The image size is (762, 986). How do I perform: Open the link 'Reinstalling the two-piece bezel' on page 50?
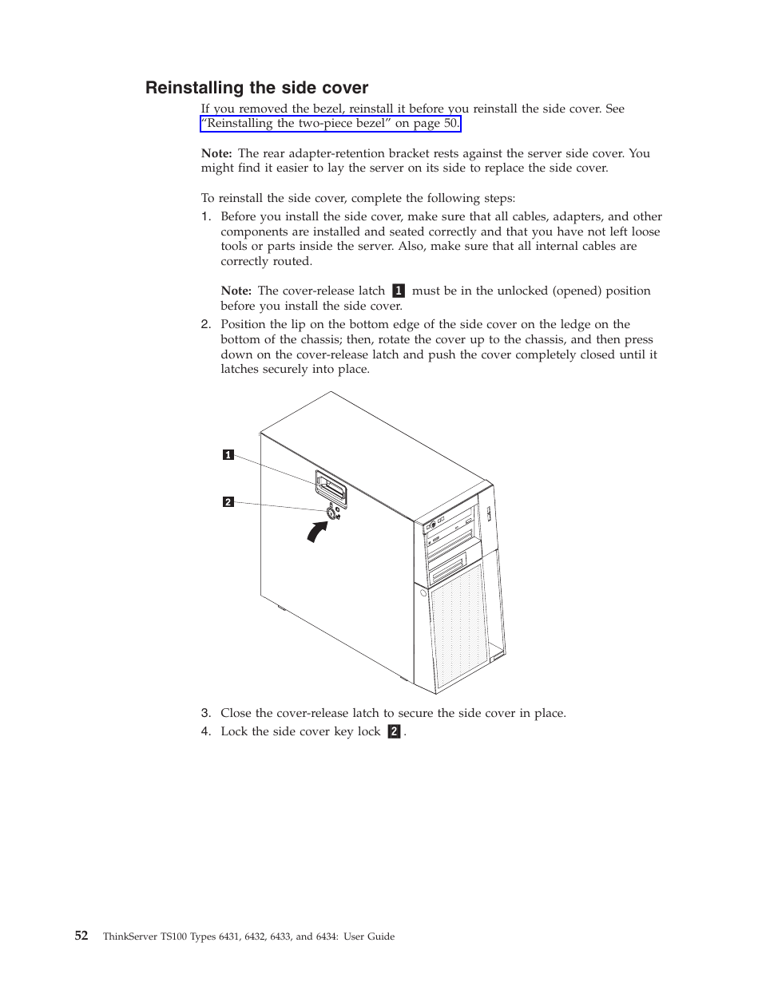click(331, 124)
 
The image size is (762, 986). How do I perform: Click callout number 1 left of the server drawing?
click(228, 455)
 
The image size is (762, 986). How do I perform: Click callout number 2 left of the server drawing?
click(228, 502)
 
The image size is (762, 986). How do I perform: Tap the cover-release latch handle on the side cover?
click(331, 485)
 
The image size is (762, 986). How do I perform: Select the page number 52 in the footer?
click(81, 936)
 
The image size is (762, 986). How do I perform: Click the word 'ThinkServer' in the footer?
click(129, 937)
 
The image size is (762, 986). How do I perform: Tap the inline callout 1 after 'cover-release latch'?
click(398, 291)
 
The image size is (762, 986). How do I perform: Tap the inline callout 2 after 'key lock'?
click(393, 731)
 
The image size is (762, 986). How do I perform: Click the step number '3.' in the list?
click(205, 713)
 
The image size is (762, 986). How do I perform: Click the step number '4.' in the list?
click(205, 731)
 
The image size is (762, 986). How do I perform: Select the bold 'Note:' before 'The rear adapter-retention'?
click(216, 153)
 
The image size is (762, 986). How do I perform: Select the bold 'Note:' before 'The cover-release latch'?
click(236, 291)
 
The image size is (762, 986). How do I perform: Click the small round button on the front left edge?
click(423, 593)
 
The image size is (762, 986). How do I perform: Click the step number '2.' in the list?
click(205, 324)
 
